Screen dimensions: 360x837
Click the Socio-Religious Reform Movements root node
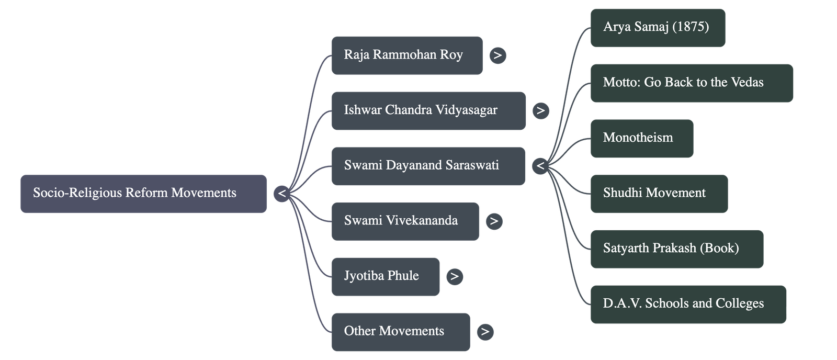(x=143, y=194)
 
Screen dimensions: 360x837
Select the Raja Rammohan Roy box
(x=406, y=55)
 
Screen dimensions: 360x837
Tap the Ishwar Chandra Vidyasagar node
(x=428, y=110)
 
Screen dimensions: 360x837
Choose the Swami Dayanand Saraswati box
(x=428, y=166)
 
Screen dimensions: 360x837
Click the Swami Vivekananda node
(x=405, y=221)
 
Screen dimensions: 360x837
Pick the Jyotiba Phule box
(x=386, y=276)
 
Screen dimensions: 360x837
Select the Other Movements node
(x=400, y=332)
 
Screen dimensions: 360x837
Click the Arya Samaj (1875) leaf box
(x=658, y=27)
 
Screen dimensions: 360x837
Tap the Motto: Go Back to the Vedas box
(x=692, y=83)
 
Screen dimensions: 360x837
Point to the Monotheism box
(x=642, y=138)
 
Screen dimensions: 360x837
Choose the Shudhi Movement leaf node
(x=659, y=194)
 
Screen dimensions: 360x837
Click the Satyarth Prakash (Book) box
(x=676, y=249)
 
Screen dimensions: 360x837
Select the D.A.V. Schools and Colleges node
(x=688, y=304)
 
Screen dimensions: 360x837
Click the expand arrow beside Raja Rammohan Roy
(x=497, y=55)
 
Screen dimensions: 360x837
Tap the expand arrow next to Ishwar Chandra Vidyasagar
(x=541, y=110)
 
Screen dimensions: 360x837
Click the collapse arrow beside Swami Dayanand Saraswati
(x=540, y=166)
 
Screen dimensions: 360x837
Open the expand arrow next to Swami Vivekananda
(x=494, y=221)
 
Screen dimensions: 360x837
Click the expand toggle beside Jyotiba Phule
(x=455, y=276)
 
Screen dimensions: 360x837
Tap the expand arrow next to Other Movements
(x=485, y=332)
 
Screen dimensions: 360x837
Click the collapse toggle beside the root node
(x=282, y=194)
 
